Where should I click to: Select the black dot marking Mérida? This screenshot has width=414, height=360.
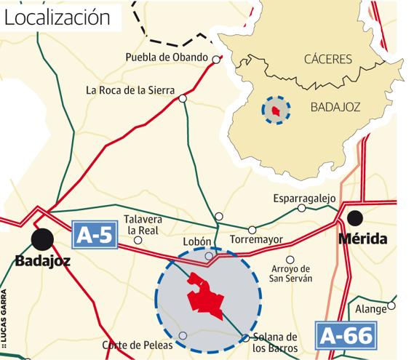point(355,217)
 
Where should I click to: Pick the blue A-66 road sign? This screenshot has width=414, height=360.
point(346,335)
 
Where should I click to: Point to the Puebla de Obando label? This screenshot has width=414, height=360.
point(167,57)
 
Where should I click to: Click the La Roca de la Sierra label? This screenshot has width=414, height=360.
point(130,91)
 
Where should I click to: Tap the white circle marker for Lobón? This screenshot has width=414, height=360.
point(209,256)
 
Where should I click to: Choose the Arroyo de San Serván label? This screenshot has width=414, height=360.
point(290,273)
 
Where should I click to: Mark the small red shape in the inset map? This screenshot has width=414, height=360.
point(275,111)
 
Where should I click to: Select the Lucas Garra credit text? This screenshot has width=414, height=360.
point(4,316)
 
